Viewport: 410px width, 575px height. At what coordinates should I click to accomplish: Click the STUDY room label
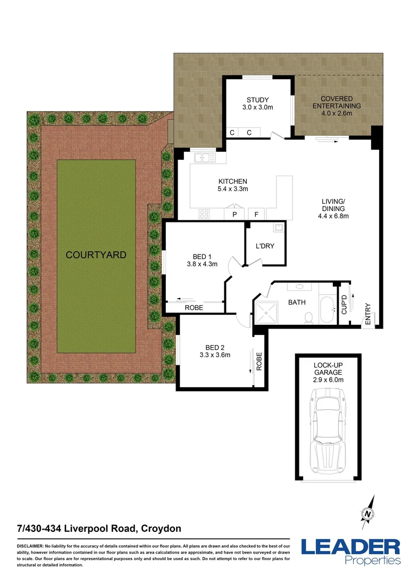click(x=257, y=100)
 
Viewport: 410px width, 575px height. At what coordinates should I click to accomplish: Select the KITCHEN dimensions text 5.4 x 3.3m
click(x=233, y=188)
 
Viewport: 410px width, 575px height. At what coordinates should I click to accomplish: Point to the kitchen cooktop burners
click(x=205, y=214)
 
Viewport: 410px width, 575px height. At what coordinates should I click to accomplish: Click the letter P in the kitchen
click(x=233, y=215)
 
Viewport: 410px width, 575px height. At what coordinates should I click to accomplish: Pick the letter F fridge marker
click(x=256, y=215)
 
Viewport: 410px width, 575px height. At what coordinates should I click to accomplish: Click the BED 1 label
click(x=202, y=256)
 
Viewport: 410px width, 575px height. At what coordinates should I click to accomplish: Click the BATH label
click(x=296, y=302)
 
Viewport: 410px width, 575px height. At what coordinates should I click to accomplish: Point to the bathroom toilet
click(x=307, y=317)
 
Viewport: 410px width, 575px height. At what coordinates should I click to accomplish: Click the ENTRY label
click(x=367, y=314)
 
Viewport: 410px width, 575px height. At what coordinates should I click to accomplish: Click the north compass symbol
click(x=367, y=512)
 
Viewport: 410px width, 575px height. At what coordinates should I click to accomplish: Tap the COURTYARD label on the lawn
click(x=96, y=255)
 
